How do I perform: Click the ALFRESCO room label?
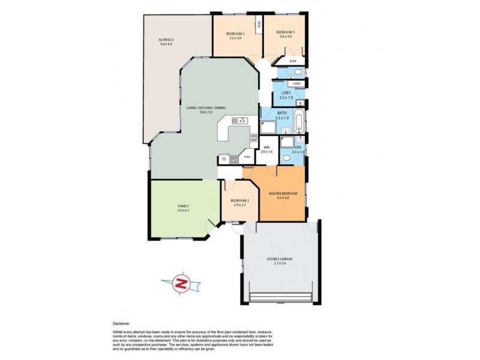(x=166, y=40)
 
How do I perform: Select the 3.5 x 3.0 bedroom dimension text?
(x=235, y=38)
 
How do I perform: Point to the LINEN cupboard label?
(x=296, y=85)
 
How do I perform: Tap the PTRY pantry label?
(x=247, y=158)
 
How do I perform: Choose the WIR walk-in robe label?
(x=266, y=148)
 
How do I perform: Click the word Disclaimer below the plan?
(x=121, y=323)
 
